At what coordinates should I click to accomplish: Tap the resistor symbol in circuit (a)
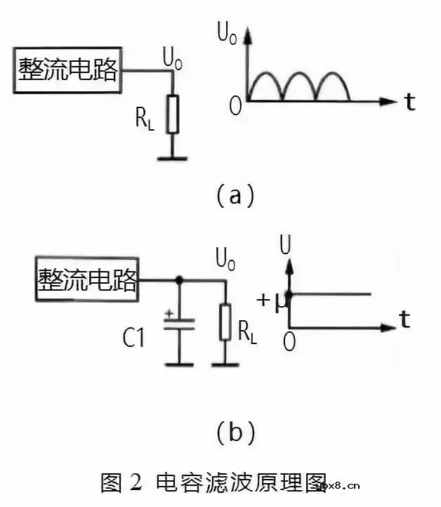coord(172,114)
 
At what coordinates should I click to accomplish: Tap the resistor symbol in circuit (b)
coord(225,322)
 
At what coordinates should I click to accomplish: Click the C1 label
coord(133,338)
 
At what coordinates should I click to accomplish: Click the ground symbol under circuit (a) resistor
coord(172,158)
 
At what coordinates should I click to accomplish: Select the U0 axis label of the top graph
coord(227,32)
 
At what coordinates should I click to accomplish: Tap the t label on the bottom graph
coord(404,320)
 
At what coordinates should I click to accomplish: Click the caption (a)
coord(234,195)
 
